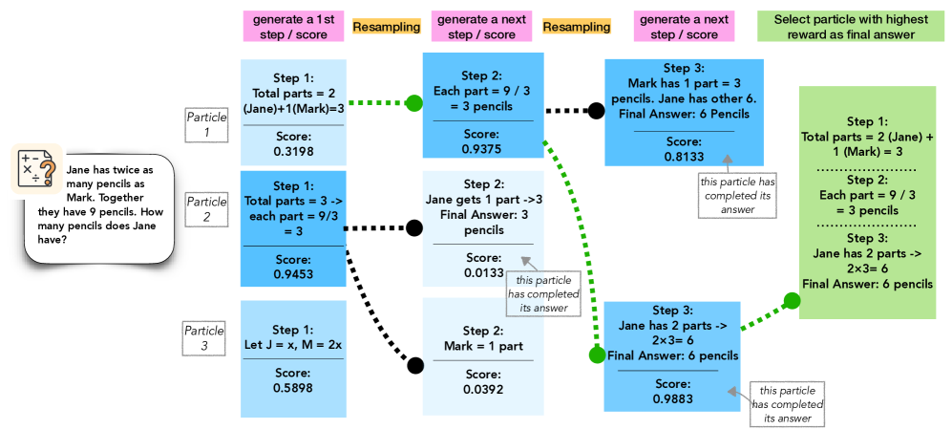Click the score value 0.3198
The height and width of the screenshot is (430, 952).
pos(293,150)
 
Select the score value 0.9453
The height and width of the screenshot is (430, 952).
pos(293,274)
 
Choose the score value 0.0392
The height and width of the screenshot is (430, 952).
pos(482,389)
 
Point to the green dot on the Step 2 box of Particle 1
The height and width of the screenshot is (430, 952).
pos(414,102)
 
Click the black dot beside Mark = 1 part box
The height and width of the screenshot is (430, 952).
pos(414,364)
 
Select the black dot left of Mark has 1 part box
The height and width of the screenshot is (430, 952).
pos(596,110)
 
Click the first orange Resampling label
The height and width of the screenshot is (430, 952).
pos(386,28)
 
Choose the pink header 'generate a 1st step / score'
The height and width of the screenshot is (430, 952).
pos(290,27)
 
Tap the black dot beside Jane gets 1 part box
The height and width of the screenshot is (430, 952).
pos(414,228)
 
